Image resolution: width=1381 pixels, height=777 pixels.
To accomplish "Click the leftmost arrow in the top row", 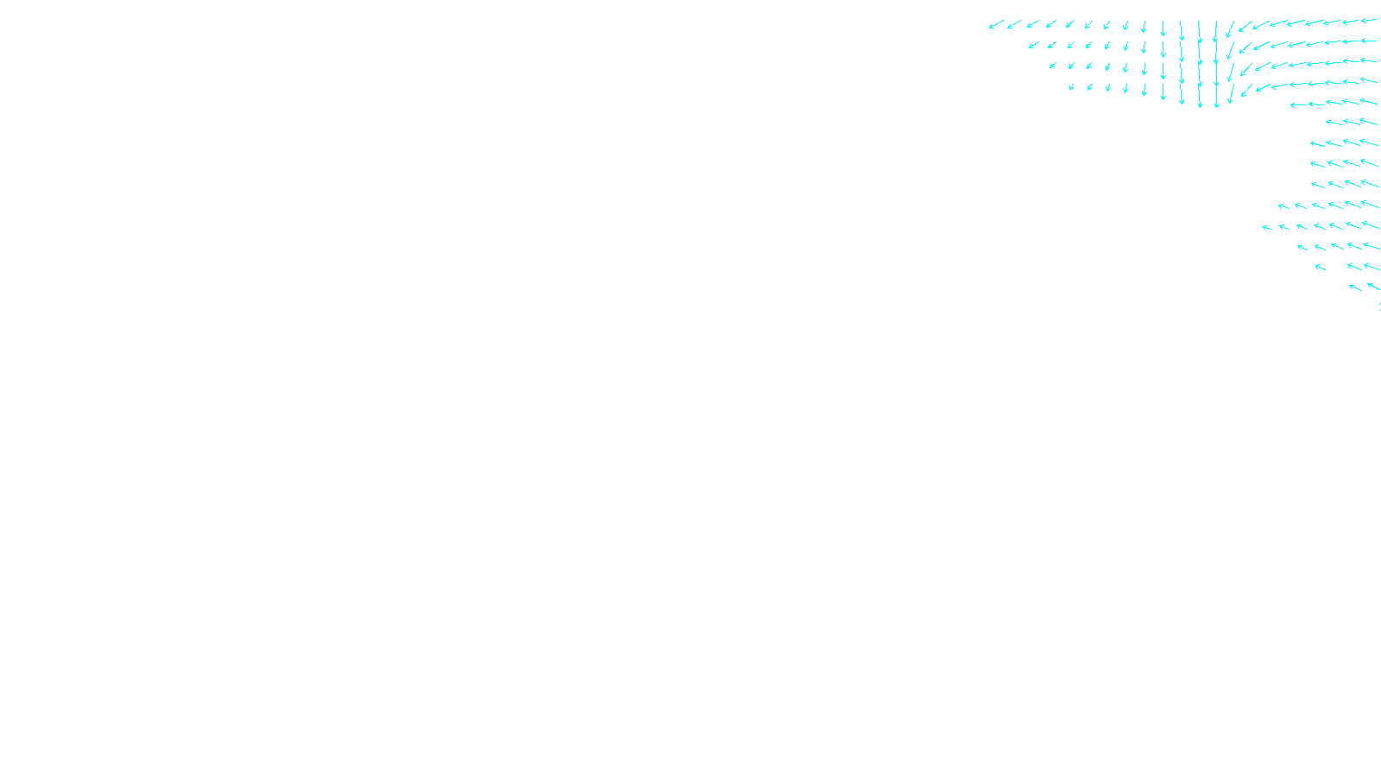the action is (x=996, y=25).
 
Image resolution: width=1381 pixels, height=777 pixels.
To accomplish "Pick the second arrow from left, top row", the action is (x=1014, y=24).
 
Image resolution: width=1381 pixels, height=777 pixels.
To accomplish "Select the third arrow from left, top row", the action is (x=1033, y=24).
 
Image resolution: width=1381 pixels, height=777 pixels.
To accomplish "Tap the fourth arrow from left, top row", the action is (x=1051, y=24).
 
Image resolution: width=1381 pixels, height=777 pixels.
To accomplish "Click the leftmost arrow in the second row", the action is (x=1033, y=45).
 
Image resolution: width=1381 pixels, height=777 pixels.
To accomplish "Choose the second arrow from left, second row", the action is (x=1051, y=45).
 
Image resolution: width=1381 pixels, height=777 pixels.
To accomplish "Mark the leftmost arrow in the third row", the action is (x=1053, y=66).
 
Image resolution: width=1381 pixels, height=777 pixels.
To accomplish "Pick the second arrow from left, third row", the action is (x=1071, y=66).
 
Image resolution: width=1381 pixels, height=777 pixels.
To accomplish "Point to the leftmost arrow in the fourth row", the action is (x=1071, y=86).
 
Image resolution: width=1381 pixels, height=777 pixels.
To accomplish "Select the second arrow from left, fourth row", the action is (x=1089, y=86).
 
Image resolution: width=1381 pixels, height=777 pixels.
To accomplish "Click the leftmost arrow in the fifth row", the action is (x=1298, y=104).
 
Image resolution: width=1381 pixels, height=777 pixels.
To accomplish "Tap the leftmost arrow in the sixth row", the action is (x=1334, y=123).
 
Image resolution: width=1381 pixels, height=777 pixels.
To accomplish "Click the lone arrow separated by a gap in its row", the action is (x=1320, y=267).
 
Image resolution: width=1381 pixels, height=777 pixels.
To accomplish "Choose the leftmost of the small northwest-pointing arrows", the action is (x=1266, y=227).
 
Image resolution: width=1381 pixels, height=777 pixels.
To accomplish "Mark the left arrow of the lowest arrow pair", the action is (x=1355, y=287).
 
